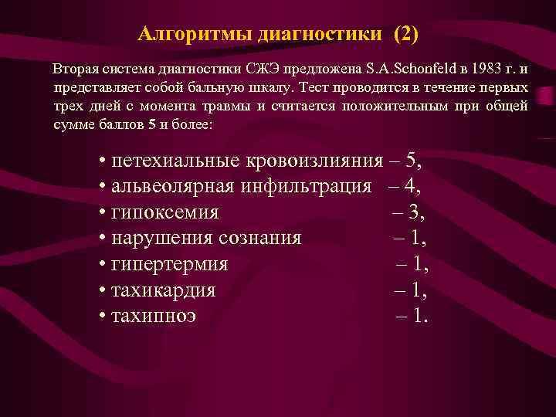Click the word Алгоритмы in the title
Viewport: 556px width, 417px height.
coord(184,35)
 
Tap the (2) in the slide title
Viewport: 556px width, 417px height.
coord(405,35)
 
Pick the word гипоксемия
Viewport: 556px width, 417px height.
coord(164,212)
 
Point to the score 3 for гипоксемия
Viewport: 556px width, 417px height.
coord(417,212)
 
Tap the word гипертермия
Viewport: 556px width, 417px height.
coord(169,265)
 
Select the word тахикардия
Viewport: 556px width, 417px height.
coord(164,291)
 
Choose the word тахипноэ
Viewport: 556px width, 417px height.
coord(154,317)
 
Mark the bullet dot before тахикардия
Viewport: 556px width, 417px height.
coord(103,291)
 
